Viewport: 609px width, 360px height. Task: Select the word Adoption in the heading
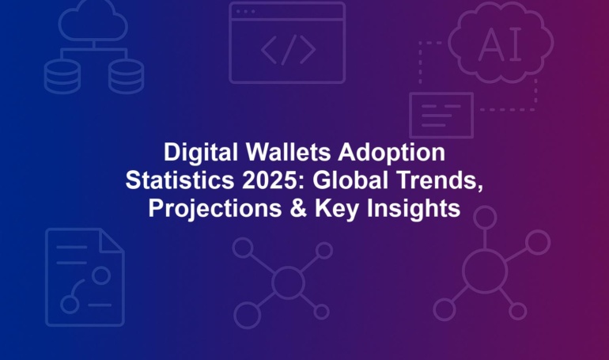point(391,153)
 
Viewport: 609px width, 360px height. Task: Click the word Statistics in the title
point(180,180)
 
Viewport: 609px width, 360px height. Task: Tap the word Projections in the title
point(215,209)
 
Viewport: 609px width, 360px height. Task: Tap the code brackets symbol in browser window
point(288,50)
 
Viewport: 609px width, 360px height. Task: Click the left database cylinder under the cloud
point(62,77)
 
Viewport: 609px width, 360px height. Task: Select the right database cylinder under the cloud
point(126,77)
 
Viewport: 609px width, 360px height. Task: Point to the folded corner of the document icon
point(112,241)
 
